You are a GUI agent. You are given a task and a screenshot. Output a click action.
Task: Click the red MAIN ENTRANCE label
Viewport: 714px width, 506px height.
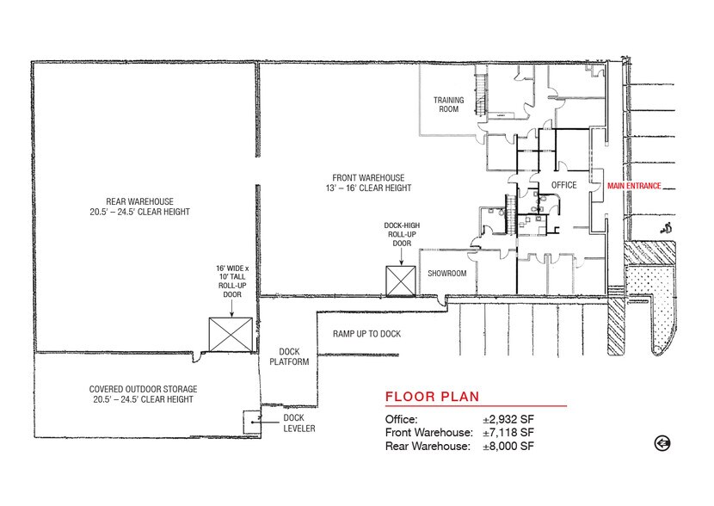click(x=634, y=185)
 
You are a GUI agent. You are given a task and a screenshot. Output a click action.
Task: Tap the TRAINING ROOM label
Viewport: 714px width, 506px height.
click(x=448, y=105)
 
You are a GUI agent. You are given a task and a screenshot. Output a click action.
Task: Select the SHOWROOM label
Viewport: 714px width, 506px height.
click(x=447, y=274)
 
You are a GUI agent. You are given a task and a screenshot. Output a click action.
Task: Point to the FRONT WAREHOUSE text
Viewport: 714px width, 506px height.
click(x=361, y=182)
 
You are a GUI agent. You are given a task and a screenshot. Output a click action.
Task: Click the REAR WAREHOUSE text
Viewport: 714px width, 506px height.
click(x=145, y=206)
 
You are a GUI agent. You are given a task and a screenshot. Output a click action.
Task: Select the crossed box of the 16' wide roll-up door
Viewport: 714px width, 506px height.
click(x=231, y=334)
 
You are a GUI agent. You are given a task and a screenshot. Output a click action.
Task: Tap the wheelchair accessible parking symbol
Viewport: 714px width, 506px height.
click(x=663, y=228)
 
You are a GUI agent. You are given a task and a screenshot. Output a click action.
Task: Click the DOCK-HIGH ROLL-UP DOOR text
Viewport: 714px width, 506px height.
click(x=403, y=235)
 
